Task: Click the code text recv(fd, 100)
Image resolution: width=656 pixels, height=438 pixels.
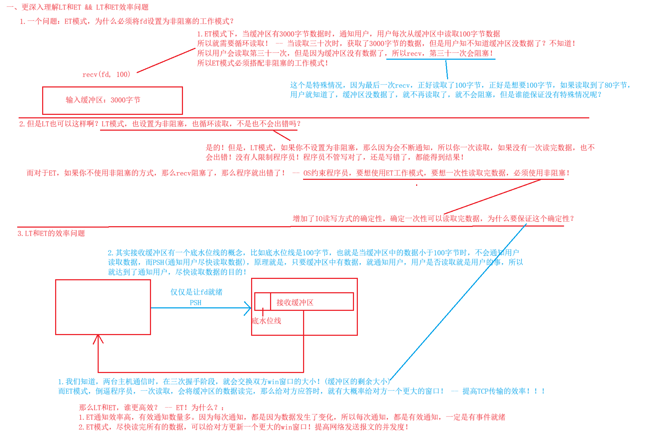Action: click(x=106, y=74)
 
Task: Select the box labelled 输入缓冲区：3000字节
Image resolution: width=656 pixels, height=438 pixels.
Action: click(x=112, y=100)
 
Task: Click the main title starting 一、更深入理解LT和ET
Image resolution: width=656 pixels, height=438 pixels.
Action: click(x=78, y=7)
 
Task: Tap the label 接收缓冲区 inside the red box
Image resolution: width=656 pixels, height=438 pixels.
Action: click(x=295, y=302)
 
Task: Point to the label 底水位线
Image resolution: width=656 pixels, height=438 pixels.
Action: click(x=267, y=321)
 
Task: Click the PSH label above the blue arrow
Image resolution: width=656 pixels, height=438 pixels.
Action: click(x=196, y=303)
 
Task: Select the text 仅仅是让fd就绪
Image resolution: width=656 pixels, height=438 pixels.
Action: click(x=196, y=292)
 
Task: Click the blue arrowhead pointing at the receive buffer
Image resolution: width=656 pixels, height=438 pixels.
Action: click(x=249, y=308)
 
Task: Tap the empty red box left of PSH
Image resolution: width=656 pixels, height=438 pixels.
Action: click(x=103, y=307)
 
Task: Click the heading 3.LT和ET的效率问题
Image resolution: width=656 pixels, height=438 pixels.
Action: click(x=51, y=234)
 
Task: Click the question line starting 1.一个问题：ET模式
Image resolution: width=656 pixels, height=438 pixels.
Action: click(x=126, y=21)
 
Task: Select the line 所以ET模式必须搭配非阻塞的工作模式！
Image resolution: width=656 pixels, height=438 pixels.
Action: click(x=263, y=63)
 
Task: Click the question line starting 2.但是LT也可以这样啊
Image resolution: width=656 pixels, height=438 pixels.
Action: click(x=160, y=124)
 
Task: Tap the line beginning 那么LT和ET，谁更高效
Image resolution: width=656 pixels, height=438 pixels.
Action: click(x=151, y=407)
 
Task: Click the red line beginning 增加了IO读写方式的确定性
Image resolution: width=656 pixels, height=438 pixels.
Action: click(x=433, y=219)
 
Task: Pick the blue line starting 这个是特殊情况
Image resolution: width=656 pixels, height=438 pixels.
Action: click(x=460, y=85)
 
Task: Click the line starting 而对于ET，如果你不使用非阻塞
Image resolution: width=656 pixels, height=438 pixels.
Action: click(x=156, y=173)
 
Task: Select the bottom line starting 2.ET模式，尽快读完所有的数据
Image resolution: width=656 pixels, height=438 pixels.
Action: click(x=243, y=427)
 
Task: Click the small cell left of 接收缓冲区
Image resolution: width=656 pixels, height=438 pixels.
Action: click(x=262, y=301)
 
